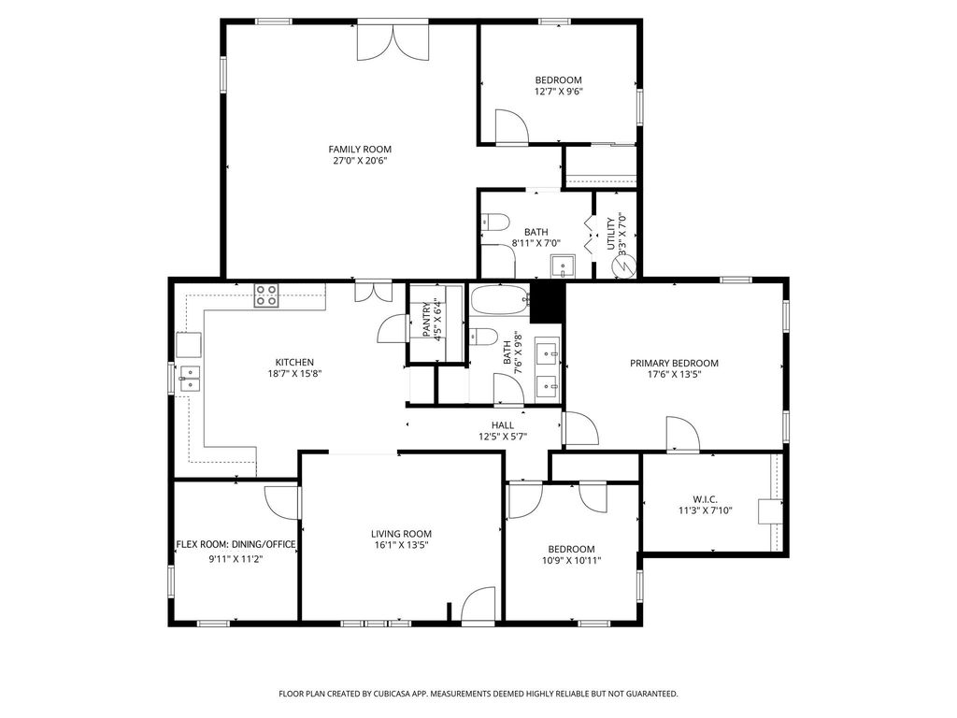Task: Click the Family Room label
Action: (x=360, y=149)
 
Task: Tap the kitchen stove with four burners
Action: (x=266, y=294)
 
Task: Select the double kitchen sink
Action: (x=189, y=378)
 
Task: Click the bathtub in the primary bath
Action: (x=499, y=300)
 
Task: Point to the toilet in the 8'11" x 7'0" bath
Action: (x=494, y=223)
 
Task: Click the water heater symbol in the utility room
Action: (x=624, y=266)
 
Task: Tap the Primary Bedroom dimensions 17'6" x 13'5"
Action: (x=674, y=375)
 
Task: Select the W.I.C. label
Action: (x=705, y=499)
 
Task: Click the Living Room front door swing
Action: (x=478, y=605)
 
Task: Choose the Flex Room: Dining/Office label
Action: (x=236, y=544)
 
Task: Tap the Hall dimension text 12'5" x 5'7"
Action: (x=502, y=437)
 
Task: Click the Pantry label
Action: (x=426, y=320)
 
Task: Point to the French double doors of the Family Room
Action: (x=393, y=42)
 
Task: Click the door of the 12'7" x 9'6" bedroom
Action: (x=511, y=127)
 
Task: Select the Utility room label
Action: (x=611, y=233)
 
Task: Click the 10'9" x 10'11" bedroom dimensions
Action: (x=571, y=561)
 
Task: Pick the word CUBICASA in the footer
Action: (x=404, y=694)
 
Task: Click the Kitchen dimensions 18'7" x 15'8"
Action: (x=294, y=374)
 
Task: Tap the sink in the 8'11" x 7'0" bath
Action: (x=562, y=266)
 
